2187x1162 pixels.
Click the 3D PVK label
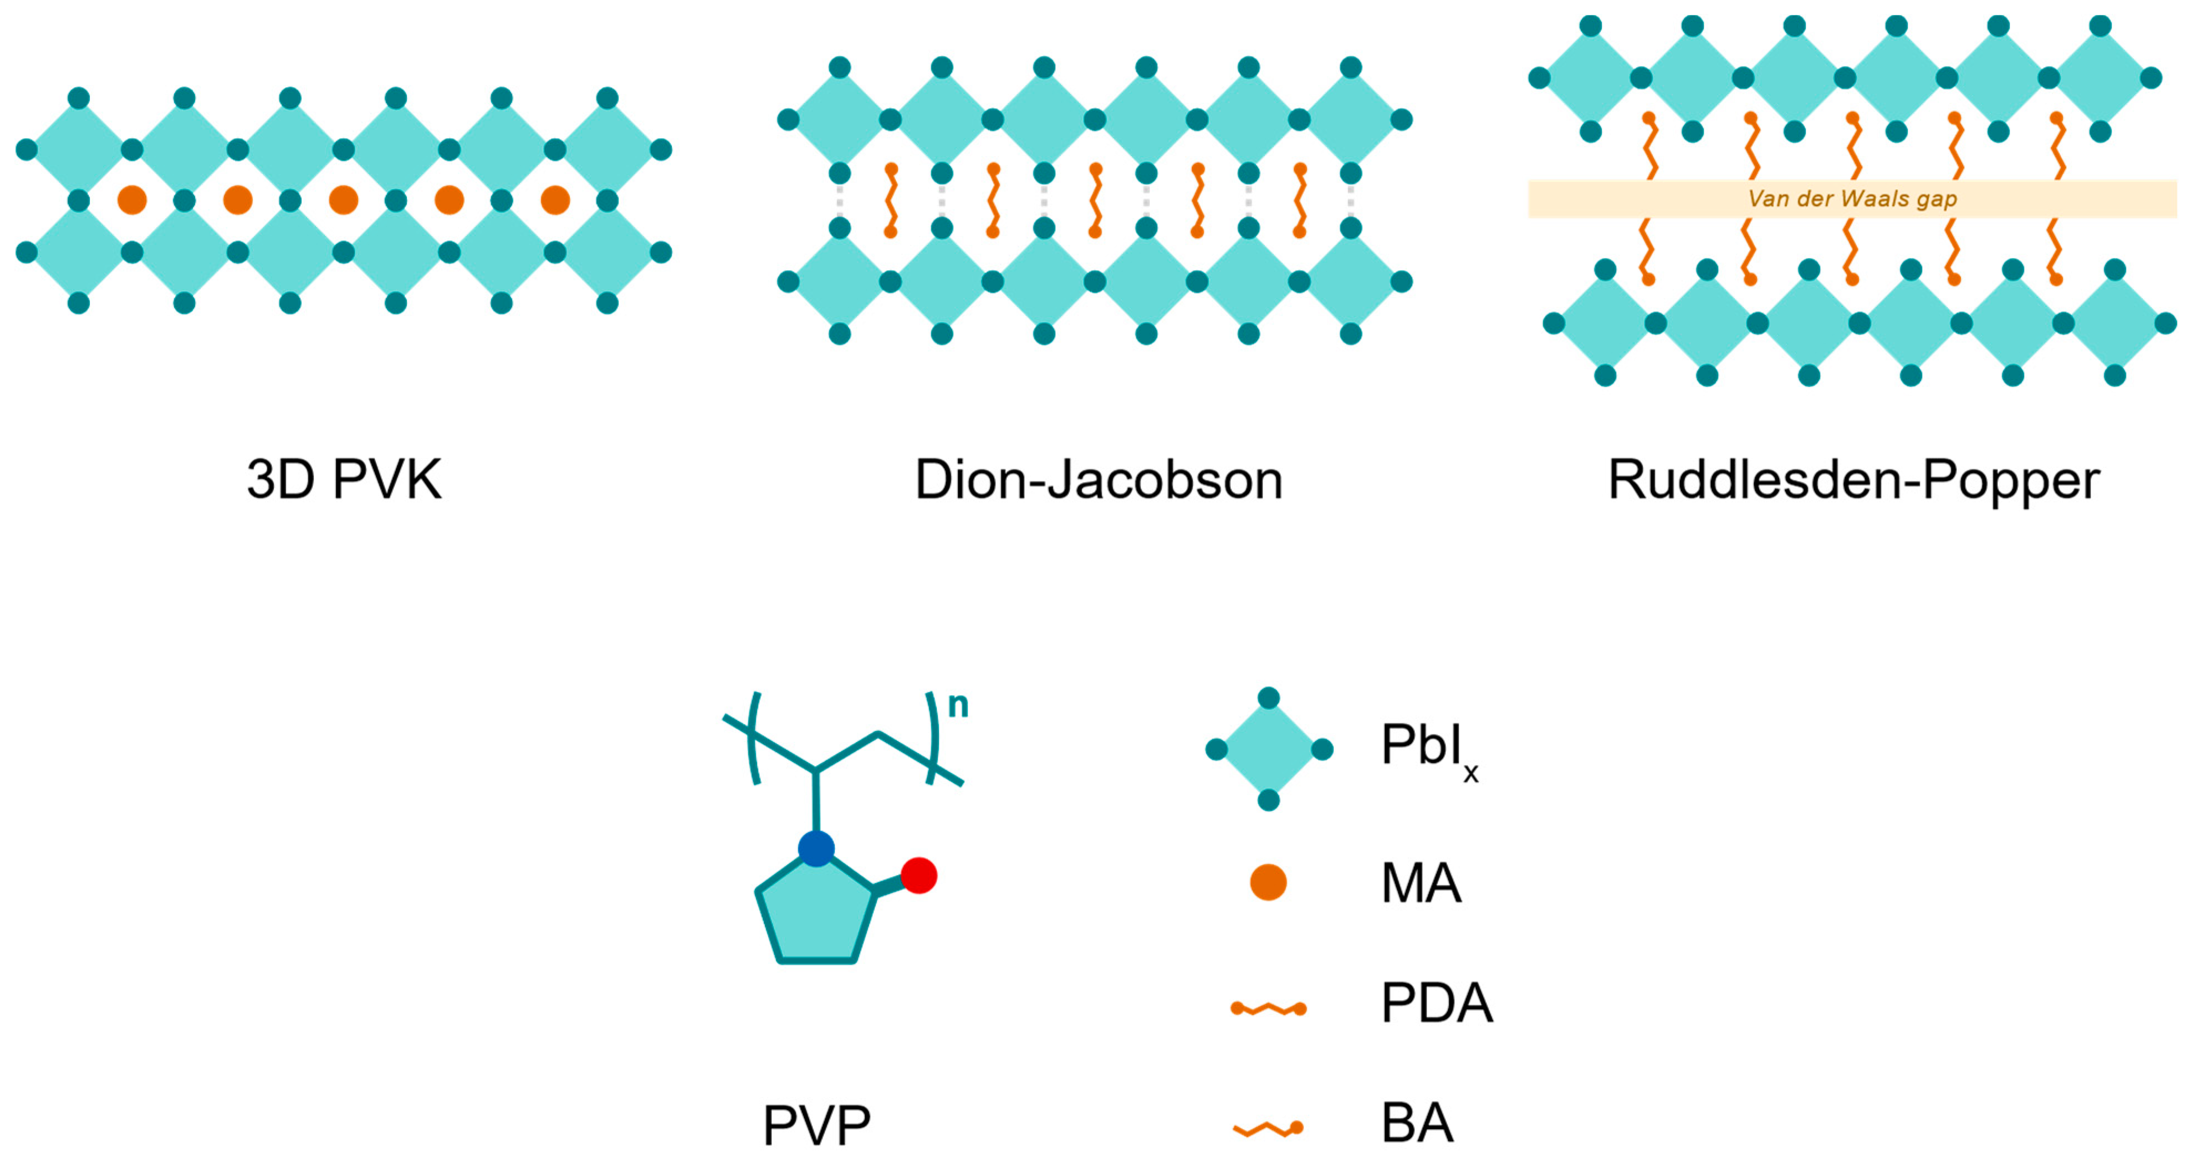point(344,480)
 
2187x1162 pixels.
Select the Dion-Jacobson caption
point(1098,480)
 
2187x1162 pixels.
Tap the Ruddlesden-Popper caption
point(1853,480)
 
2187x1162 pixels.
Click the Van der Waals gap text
point(1852,199)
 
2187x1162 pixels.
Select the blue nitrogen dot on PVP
point(816,849)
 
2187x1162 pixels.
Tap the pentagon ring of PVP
point(815,917)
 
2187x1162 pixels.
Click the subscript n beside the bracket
point(958,705)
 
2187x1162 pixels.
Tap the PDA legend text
point(1437,1003)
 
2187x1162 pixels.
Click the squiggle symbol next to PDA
point(1269,1009)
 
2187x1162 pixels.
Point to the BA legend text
point(1416,1123)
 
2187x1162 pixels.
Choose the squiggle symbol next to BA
point(1269,1129)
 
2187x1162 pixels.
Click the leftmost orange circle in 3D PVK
point(132,200)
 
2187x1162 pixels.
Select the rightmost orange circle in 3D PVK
point(555,200)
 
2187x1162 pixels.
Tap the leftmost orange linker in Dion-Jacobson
point(891,200)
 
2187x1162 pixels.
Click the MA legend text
point(1420,884)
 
